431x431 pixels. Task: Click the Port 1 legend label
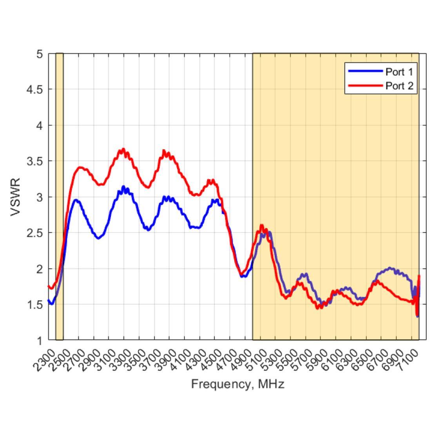point(399,72)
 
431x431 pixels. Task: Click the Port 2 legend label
point(399,85)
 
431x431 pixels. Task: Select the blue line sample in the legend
point(365,71)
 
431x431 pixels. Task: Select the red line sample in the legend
point(365,85)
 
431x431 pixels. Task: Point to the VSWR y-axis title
point(16,197)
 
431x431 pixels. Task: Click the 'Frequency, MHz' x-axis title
point(237,384)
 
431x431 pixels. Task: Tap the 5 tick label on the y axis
point(39,54)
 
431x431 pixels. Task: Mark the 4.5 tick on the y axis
point(34,90)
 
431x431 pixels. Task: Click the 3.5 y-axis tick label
point(34,161)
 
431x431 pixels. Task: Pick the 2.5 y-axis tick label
point(34,233)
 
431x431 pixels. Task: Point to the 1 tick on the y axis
point(39,340)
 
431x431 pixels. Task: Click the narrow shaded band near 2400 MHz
point(59,196)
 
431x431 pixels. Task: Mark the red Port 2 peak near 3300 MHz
point(123,149)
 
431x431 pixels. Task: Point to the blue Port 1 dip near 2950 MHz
point(98,237)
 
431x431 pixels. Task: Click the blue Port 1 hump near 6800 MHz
point(390,268)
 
